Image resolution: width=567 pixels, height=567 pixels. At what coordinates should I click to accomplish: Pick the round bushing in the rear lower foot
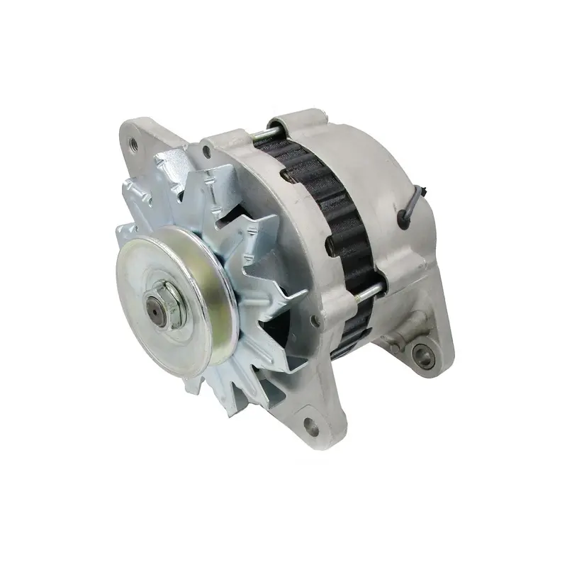click(x=424, y=352)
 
